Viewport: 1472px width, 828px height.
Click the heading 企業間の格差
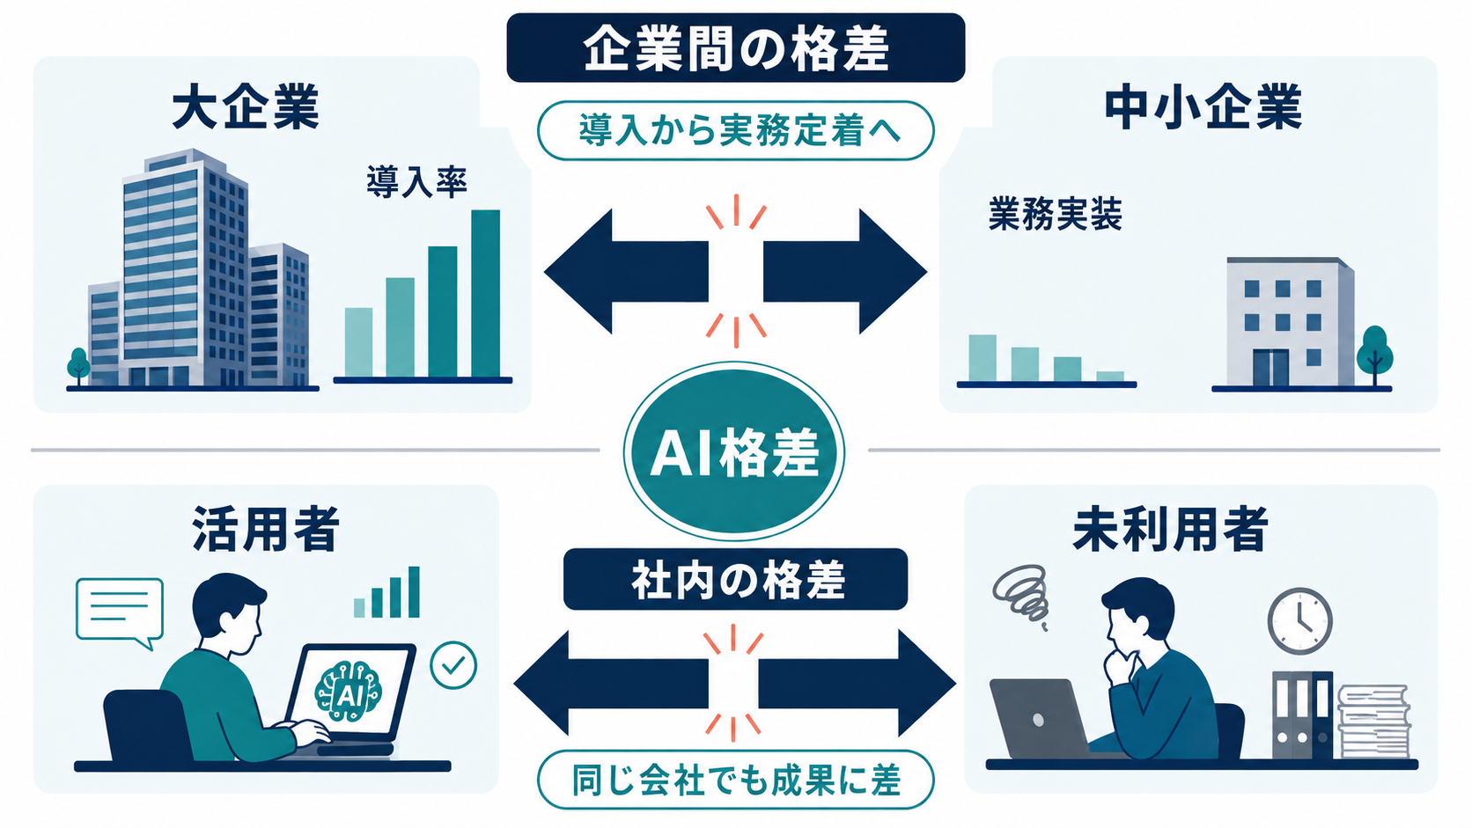coord(735,48)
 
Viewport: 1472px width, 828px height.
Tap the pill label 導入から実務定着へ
coord(735,131)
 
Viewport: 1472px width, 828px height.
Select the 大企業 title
coord(245,107)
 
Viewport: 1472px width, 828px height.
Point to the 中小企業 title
coord(1203,107)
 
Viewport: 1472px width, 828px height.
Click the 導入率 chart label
coord(416,181)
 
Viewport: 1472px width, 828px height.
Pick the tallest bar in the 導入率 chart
coord(486,294)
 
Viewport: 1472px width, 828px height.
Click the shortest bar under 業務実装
coord(1110,377)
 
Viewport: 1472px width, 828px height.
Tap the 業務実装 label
coord(1055,214)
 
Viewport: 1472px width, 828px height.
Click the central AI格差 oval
coord(734,451)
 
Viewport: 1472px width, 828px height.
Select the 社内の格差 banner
coord(735,579)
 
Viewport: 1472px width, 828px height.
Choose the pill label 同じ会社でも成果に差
coord(735,780)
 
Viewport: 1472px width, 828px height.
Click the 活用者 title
coord(266,529)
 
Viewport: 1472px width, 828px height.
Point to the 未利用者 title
coord(1170,529)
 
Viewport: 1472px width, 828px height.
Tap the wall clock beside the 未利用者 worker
coord(1299,621)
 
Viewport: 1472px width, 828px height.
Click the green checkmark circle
coord(453,665)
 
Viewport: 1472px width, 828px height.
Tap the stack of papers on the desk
coord(1373,722)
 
